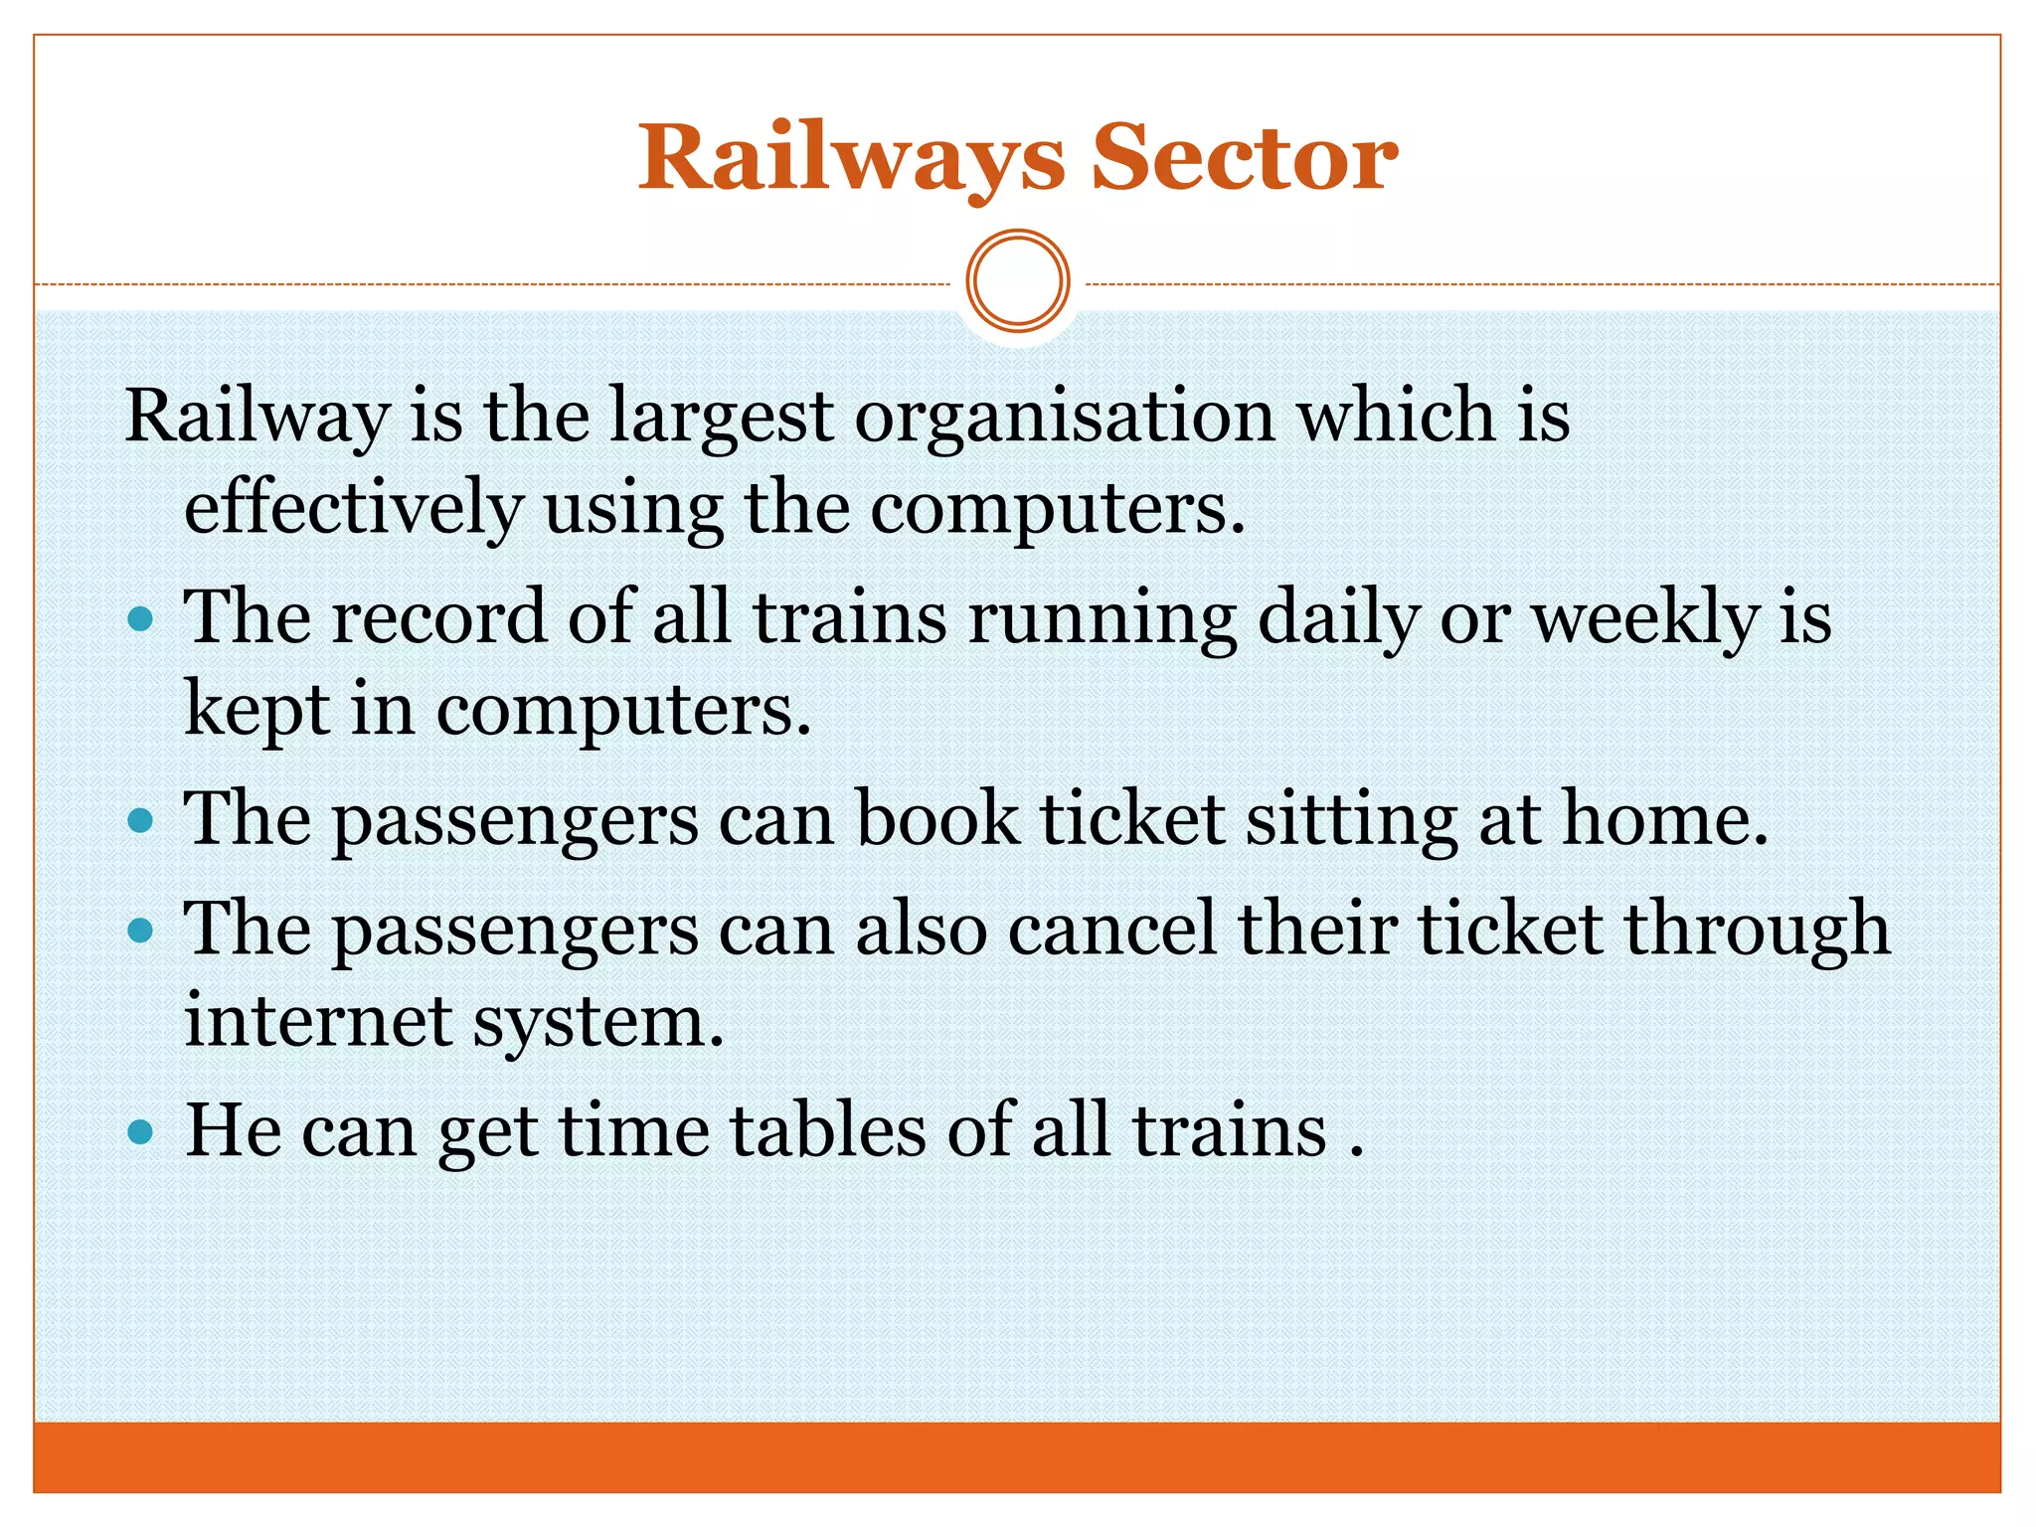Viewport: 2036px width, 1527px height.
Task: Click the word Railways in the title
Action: tap(851, 159)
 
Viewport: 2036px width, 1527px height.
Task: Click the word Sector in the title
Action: tap(1245, 159)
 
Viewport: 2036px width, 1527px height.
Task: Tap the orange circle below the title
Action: tap(1018, 281)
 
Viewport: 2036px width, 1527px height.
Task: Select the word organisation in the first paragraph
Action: tap(1064, 418)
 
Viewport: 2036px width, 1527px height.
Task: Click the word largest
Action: tap(721, 418)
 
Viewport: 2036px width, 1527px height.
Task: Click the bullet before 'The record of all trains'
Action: tap(141, 620)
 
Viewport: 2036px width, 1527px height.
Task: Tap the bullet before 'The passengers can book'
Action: tap(141, 822)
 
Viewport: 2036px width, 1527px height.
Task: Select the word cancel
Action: tap(1112, 931)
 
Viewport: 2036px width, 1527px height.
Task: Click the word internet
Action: tap(318, 1022)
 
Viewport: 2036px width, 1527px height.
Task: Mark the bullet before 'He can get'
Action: tap(141, 1131)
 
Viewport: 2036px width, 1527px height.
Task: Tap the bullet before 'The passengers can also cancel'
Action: tap(141, 932)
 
